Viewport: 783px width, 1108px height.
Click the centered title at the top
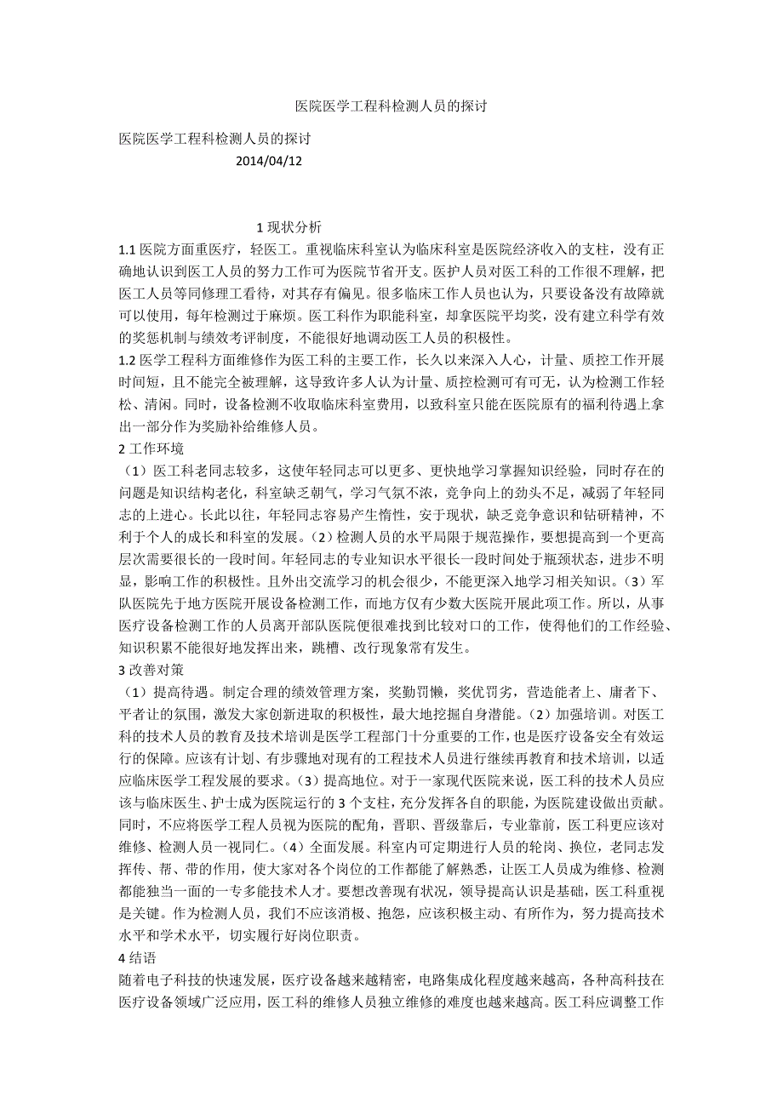[391, 107]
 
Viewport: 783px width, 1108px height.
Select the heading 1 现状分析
[289, 227]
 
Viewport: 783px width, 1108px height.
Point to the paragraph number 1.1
[128, 250]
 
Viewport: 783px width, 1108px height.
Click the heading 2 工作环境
[151, 448]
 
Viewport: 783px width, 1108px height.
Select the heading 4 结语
[140, 957]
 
